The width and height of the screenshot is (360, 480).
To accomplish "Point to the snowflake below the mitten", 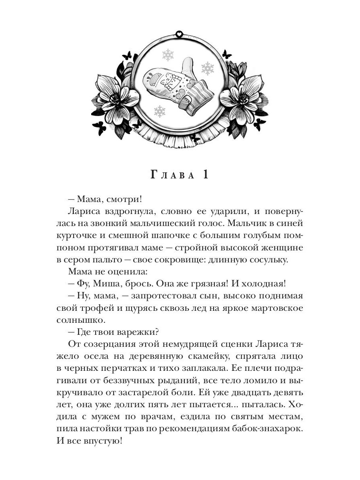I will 160,111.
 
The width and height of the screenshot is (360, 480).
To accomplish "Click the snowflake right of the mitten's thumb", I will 207,68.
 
